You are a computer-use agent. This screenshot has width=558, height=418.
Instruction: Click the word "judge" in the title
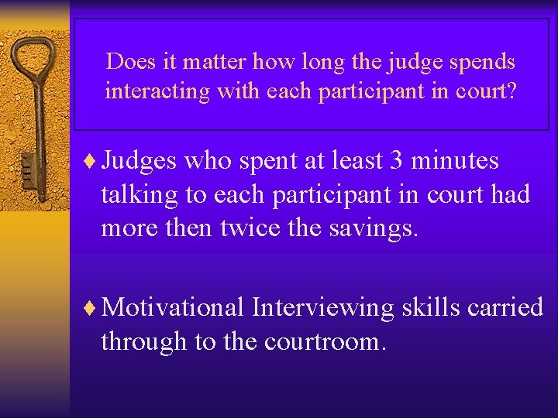tap(402, 62)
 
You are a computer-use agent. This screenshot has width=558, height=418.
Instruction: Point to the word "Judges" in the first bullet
tap(139, 161)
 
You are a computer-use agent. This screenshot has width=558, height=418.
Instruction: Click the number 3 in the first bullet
tap(396, 160)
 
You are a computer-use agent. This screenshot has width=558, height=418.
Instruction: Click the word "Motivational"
tap(173, 307)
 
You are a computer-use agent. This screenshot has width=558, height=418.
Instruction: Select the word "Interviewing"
tap(322, 307)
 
